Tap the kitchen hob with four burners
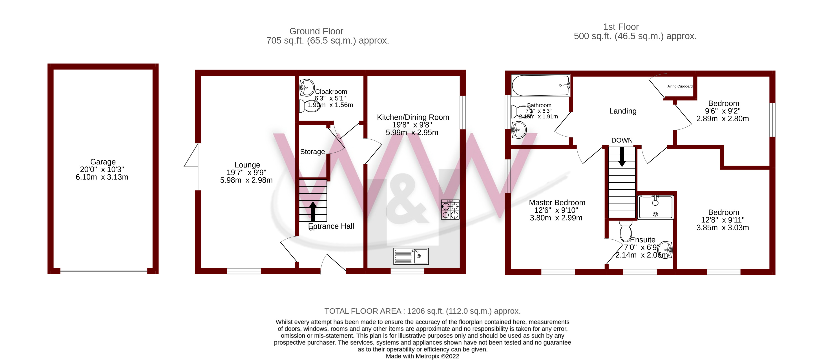point(450,210)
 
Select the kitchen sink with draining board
point(411,256)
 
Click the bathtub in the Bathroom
point(540,86)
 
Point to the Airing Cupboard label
point(680,86)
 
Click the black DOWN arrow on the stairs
point(622,157)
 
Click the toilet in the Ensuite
point(625,231)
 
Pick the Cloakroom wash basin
point(306,88)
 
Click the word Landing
point(623,111)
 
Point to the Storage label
point(312,152)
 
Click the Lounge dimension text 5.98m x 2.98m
point(246,180)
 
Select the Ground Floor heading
point(316,31)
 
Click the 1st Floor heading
point(620,27)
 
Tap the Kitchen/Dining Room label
point(413,117)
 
